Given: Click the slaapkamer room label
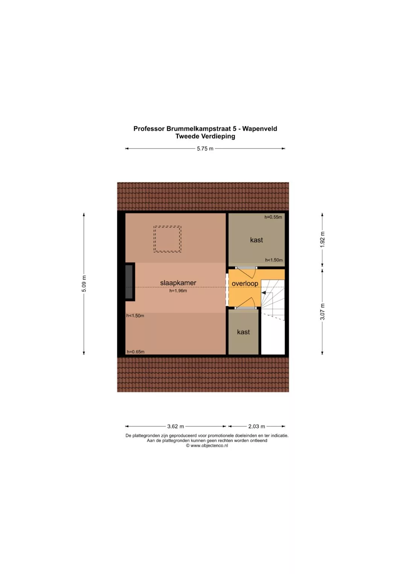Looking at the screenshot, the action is [178, 283].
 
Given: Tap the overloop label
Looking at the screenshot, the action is [245, 284].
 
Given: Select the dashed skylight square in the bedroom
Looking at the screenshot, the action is [167, 239].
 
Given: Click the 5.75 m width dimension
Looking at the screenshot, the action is [205, 148].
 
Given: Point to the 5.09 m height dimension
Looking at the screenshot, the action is [84, 284].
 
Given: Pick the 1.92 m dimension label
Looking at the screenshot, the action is [323, 239].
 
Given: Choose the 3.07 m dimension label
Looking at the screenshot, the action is [323, 312].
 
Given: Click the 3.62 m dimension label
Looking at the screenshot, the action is [176, 426].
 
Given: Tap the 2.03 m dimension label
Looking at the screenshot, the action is [256, 426].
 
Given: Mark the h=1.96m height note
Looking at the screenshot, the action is [178, 291].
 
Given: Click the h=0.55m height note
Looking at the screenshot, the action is [273, 217].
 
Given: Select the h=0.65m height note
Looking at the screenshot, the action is [136, 352].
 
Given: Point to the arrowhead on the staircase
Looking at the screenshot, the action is [264, 292].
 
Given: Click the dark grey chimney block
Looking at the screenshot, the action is [129, 282].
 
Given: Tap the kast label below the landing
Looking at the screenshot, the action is [243, 332].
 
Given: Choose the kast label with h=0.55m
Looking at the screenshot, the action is [256, 240].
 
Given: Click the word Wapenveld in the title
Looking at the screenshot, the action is [260, 129].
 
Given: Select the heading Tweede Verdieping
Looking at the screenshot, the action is [205, 136].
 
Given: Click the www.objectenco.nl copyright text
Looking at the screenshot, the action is [207, 445].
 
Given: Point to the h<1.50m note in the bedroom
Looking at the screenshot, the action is [135, 316].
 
